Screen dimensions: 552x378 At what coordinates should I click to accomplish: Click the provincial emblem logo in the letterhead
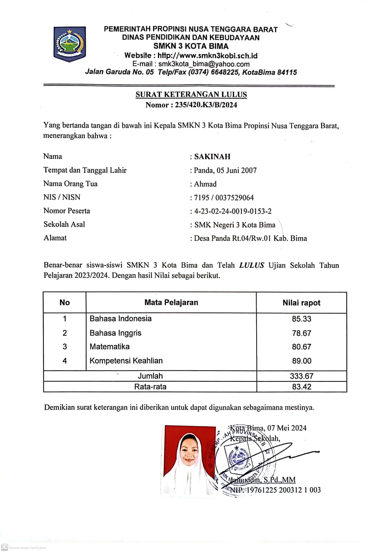(70, 44)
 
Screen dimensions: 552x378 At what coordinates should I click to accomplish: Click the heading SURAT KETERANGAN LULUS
(191, 94)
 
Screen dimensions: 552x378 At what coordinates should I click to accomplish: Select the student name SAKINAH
(212, 157)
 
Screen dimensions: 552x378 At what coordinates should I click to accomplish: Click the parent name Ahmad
(205, 184)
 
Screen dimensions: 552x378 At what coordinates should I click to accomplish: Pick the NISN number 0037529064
(235, 198)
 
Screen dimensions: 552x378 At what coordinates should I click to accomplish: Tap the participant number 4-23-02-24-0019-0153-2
(233, 211)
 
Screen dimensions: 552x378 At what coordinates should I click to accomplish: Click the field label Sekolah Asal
(64, 224)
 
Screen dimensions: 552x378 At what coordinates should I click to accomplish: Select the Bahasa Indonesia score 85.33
(301, 319)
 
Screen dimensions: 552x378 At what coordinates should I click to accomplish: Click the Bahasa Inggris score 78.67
(301, 333)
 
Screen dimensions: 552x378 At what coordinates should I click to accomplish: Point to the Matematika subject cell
(110, 347)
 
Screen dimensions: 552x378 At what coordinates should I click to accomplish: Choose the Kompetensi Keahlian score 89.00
(301, 361)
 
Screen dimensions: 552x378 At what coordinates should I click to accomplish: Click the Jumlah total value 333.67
(301, 376)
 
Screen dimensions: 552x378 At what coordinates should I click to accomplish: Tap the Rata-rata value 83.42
(301, 387)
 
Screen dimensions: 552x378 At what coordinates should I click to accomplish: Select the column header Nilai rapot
(301, 303)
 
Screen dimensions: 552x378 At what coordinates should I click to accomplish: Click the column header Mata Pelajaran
(171, 302)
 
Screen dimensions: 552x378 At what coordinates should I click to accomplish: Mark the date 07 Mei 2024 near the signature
(287, 428)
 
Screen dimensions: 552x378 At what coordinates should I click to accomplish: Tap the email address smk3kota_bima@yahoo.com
(204, 64)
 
